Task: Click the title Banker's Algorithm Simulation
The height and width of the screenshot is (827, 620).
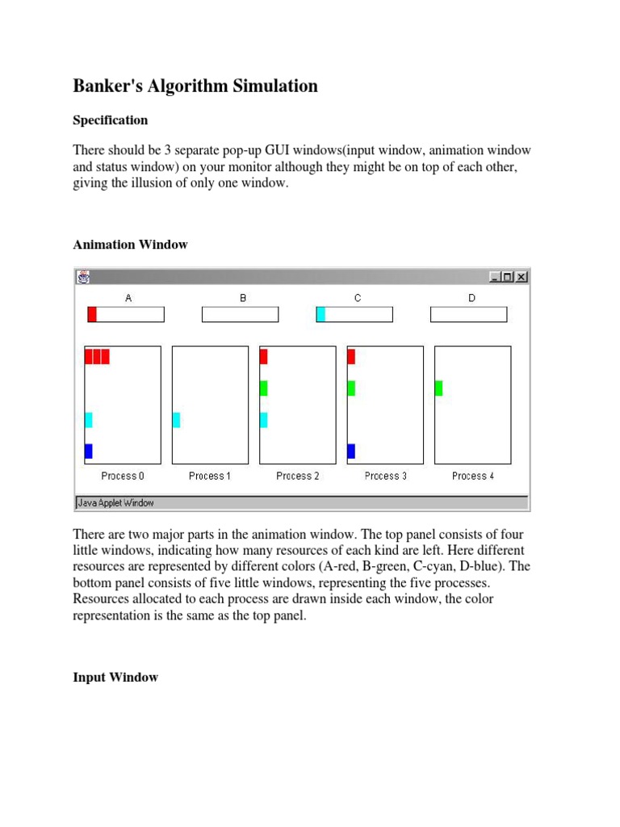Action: tap(195, 86)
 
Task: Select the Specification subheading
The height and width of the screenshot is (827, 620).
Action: tap(111, 120)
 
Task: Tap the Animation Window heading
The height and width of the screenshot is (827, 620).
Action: tap(130, 245)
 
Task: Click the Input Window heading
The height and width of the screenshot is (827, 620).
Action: tap(115, 677)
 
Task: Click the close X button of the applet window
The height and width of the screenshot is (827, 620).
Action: tap(522, 277)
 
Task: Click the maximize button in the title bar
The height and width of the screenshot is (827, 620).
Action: tap(508, 277)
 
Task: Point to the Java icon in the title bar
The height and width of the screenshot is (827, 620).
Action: tap(83, 277)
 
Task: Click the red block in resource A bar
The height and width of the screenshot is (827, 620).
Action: tap(92, 314)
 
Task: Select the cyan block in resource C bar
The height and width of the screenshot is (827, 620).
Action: tap(320, 314)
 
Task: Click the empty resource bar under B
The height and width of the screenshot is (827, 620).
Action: tap(240, 314)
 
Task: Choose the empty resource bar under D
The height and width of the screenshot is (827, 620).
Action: tap(468, 314)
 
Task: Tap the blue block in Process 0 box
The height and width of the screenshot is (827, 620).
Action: tap(88, 451)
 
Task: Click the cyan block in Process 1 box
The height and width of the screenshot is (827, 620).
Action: tap(176, 419)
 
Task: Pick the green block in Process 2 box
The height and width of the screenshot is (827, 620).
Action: tap(263, 388)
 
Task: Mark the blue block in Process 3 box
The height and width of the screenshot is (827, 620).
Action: tap(351, 451)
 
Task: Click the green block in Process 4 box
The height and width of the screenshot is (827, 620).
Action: tap(438, 388)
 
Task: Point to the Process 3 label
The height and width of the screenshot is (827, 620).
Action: tap(385, 476)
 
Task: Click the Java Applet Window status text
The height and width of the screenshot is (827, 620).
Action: tap(115, 502)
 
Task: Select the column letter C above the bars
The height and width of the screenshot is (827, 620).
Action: tap(357, 298)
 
